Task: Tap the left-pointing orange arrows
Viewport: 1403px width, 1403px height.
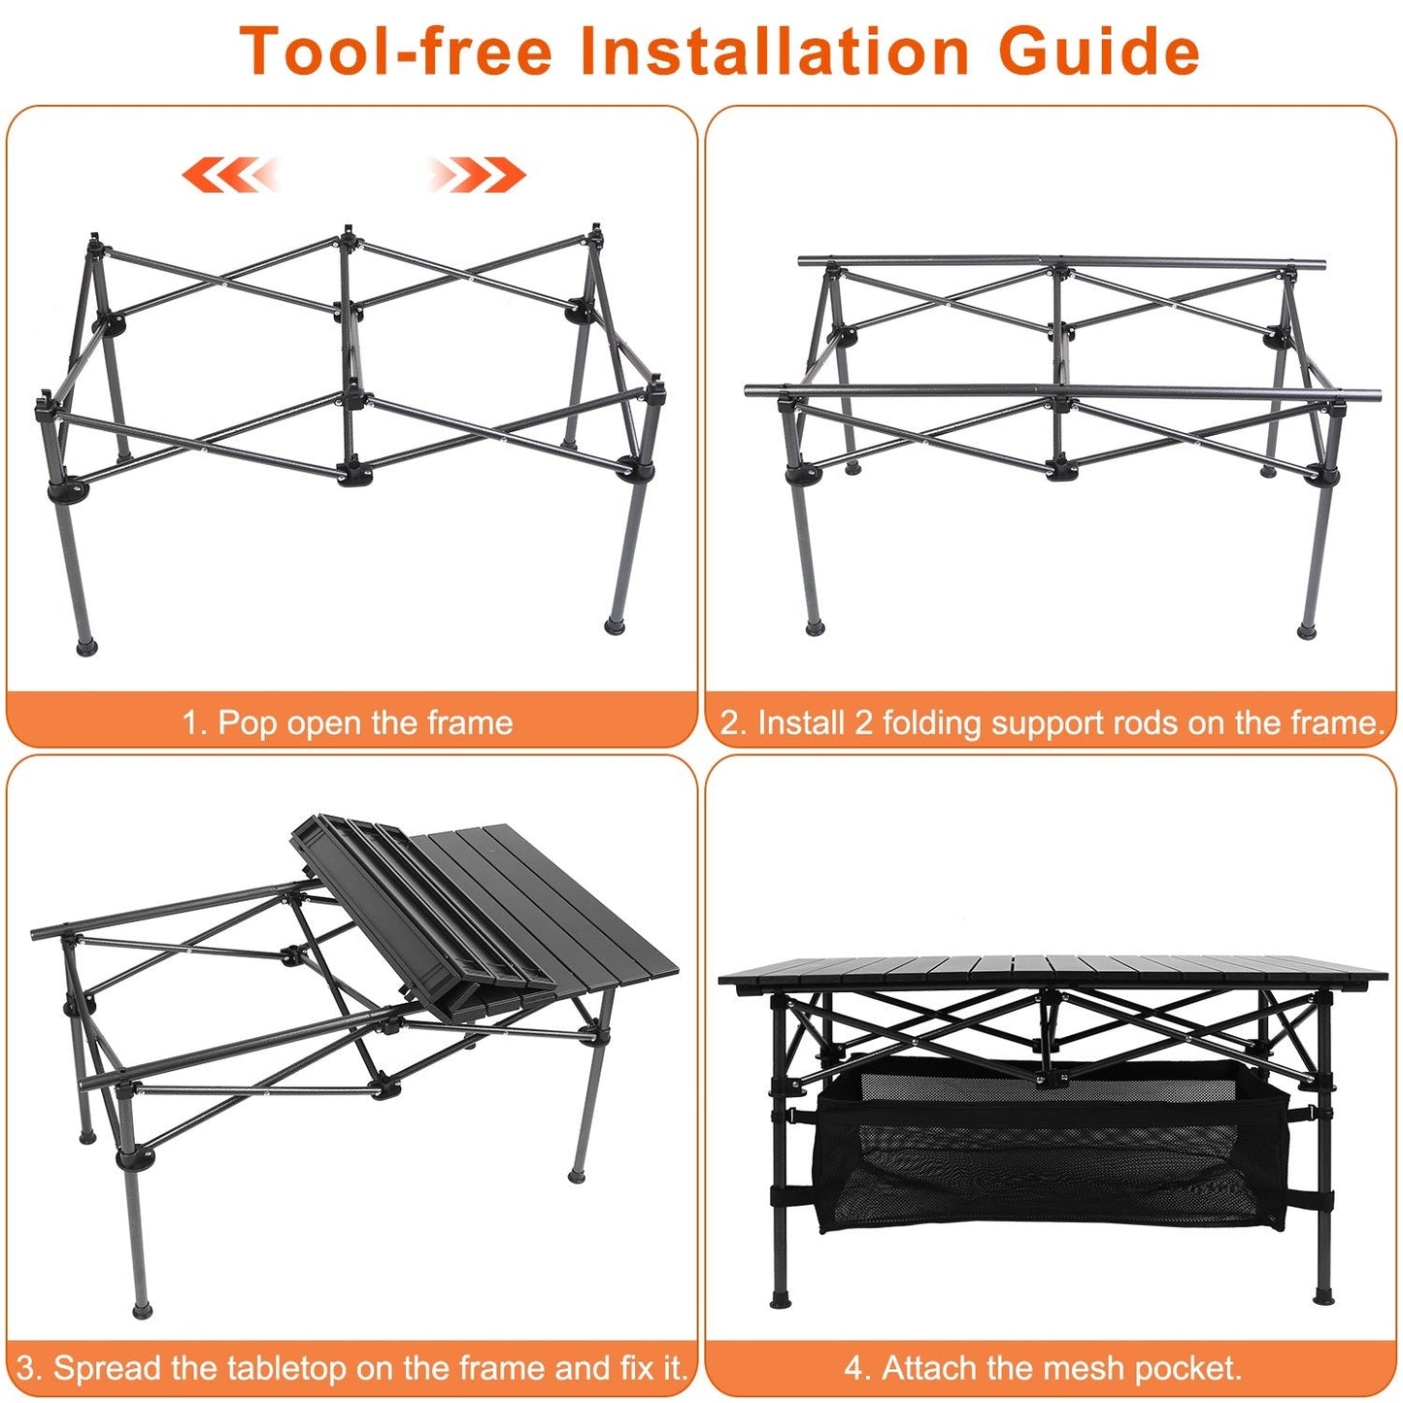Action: (230, 175)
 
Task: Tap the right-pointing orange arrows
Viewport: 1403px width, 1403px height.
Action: (477, 175)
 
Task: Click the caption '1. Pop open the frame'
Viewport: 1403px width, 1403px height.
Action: (348, 722)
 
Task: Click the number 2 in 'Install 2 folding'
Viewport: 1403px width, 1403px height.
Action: (863, 722)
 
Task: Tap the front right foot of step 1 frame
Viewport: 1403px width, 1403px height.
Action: (615, 624)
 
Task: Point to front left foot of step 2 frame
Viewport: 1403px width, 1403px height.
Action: (814, 629)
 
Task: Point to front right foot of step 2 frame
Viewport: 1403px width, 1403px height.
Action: (1307, 632)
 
